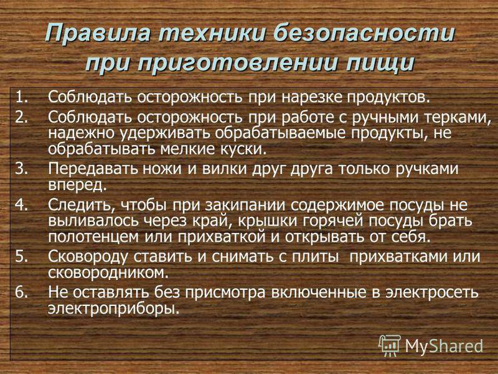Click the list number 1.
point(21,97)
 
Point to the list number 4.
point(22,205)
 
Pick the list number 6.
point(22,292)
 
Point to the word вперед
point(77,185)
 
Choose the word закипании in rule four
point(245,206)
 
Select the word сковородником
point(108,273)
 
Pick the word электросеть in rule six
point(432,292)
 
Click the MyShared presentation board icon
point(390,346)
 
